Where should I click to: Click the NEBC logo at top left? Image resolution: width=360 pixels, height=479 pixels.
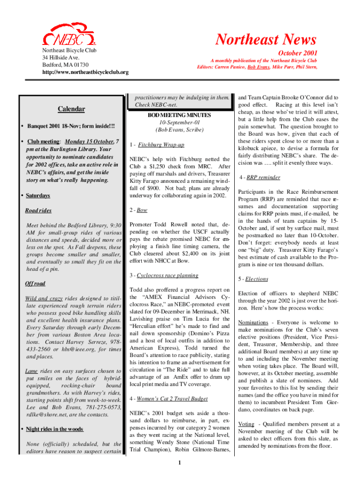click(69, 36)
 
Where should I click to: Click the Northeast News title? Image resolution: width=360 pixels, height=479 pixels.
click(266, 40)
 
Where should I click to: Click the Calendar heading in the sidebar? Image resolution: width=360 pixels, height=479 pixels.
click(71, 109)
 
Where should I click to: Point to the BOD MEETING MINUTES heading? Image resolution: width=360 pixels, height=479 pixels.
click(180, 115)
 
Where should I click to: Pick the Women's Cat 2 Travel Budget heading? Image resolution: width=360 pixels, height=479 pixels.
click(172, 399)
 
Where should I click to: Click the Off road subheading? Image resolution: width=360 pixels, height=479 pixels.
click(35, 283)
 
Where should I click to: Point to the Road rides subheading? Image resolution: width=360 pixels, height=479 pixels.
click(38, 210)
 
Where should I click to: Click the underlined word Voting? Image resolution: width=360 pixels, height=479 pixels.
click(246, 424)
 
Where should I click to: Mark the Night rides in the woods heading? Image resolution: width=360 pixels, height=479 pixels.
click(54, 429)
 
